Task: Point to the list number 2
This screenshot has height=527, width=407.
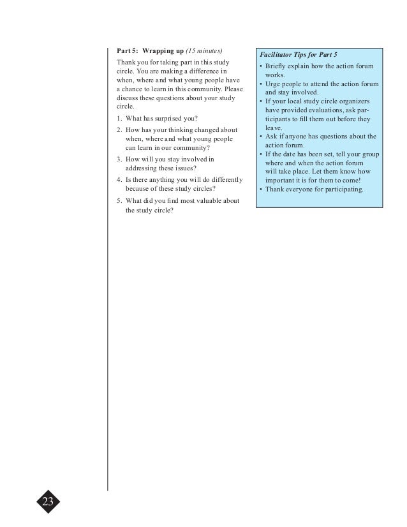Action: (x=119, y=130)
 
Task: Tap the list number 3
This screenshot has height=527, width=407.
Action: (x=119, y=159)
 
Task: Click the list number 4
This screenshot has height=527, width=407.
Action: (x=119, y=179)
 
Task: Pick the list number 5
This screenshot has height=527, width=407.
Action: (x=119, y=201)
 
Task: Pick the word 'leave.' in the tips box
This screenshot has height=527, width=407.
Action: (x=274, y=128)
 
